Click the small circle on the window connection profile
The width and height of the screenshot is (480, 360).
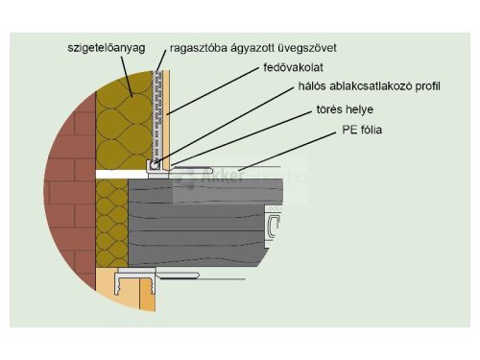tap(155, 165)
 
